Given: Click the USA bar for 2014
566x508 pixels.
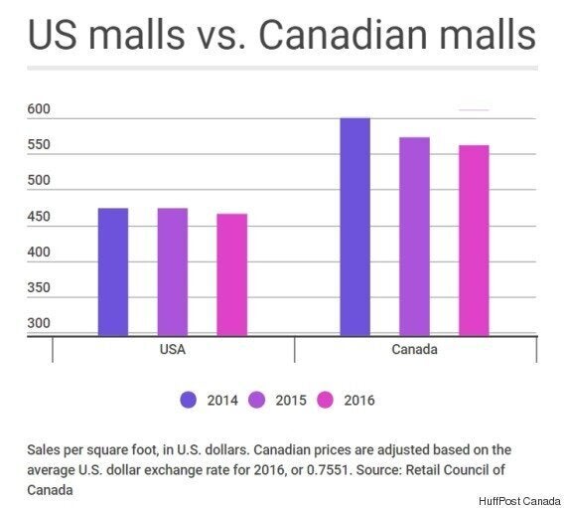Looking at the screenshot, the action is click(113, 272).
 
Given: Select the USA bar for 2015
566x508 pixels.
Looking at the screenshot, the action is click(173, 272).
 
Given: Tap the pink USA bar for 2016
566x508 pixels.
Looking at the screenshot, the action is click(231, 275).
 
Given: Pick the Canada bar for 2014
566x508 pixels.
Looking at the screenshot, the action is click(354, 227).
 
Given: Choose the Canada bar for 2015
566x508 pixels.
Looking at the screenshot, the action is click(414, 237).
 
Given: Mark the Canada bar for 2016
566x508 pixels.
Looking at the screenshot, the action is click(474, 241).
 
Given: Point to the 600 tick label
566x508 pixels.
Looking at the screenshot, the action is click(39, 108).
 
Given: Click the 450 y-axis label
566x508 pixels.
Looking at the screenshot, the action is click(39, 217).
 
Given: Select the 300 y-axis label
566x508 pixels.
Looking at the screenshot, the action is click(39, 323).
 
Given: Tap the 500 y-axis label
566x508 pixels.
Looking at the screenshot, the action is click(39, 180).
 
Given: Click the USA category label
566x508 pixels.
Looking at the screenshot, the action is click(173, 349).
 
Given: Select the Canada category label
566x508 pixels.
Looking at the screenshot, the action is click(414, 349).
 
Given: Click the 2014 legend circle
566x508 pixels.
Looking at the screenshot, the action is click(188, 400).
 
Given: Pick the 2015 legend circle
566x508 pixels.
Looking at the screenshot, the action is click(256, 400).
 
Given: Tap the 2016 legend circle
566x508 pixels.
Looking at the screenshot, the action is click(326, 400).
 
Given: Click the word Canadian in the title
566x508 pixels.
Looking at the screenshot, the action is click(344, 35).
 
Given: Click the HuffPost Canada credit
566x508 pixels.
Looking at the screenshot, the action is click(519, 501).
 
